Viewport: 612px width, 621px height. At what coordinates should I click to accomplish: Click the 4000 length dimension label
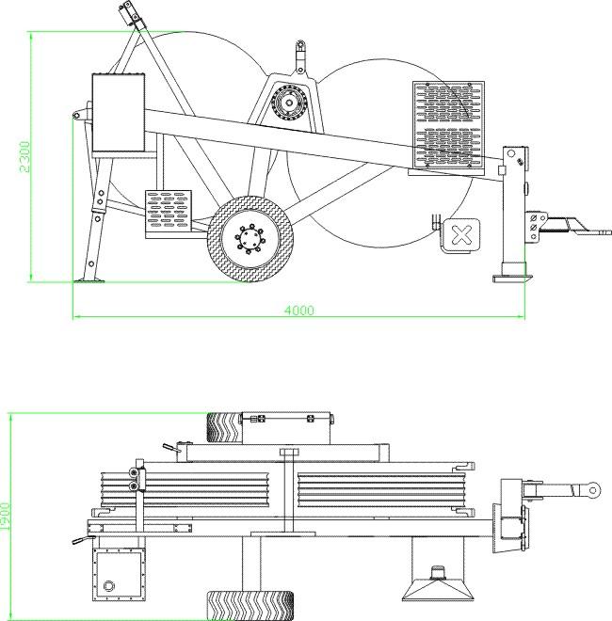pos(299,310)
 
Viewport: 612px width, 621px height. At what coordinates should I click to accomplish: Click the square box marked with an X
pos(461,234)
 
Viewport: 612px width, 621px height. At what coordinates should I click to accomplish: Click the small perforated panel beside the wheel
pos(169,212)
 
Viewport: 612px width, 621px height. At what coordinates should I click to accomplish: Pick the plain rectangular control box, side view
pos(118,113)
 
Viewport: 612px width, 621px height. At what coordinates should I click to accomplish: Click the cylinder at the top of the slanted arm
pos(129,14)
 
